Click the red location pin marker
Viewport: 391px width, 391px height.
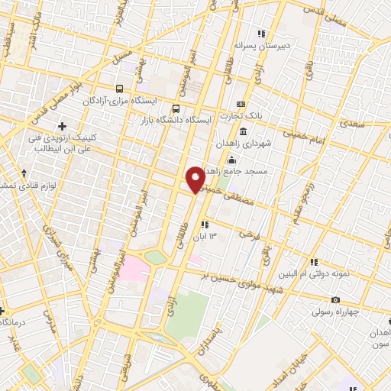coord(195,179)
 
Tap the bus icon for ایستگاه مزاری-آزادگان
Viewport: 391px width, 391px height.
coord(118,89)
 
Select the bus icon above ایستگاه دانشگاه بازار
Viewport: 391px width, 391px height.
coord(176,108)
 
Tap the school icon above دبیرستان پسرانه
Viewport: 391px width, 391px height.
coord(262,33)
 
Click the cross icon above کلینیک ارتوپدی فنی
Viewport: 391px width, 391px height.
coord(62,125)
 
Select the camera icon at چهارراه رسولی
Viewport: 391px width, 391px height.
coord(335,300)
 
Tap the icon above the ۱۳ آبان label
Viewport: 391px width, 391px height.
coord(204,225)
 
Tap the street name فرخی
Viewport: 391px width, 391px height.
coord(244,234)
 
